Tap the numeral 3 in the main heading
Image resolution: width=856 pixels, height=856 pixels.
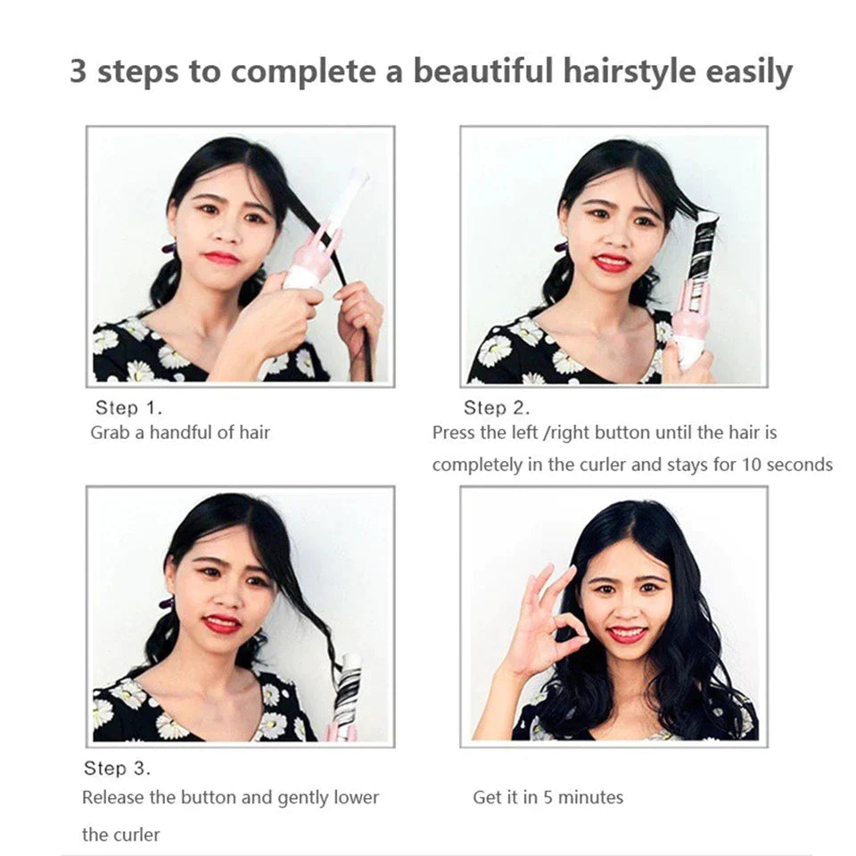tap(78, 71)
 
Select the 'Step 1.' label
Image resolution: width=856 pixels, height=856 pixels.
tap(128, 407)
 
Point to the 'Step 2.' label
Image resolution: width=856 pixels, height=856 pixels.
tap(497, 407)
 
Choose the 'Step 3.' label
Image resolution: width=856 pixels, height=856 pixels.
tap(117, 769)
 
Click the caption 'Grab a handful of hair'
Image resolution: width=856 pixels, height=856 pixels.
tap(180, 433)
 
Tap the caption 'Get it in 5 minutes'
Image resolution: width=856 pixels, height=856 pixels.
tap(548, 797)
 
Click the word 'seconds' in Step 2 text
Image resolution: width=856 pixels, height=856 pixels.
tap(800, 465)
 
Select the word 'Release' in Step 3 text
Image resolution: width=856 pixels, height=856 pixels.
tap(113, 797)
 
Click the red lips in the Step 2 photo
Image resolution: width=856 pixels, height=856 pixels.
tap(612, 263)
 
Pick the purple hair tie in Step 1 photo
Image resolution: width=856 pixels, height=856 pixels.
tap(169, 249)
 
